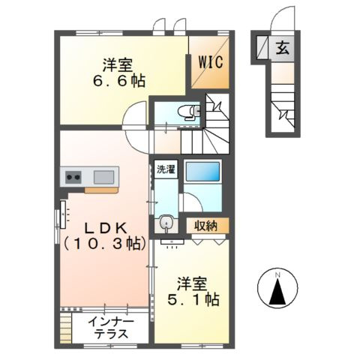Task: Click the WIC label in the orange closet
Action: click(x=210, y=63)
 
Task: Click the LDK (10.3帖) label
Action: click(x=103, y=234)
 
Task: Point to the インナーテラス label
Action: click(x=110, y=328)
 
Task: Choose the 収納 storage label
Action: click(x=207, y=224)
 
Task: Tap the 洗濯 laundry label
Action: click(x=166, y=169)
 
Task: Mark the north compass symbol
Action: click(x=277, y=289)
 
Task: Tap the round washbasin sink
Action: click(x=166, y=223)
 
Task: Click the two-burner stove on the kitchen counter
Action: click(x=73, y=178)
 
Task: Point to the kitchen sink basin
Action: click(x=103, y=178)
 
